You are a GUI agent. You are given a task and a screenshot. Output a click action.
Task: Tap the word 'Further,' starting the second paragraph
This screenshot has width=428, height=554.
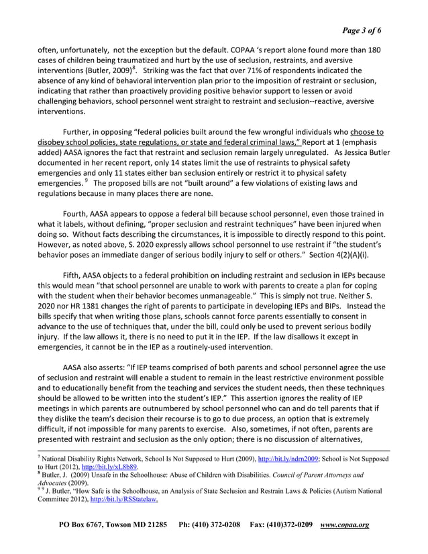(x=80, y=131)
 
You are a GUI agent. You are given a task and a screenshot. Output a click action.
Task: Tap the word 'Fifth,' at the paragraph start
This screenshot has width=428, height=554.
(x=76, y=276)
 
